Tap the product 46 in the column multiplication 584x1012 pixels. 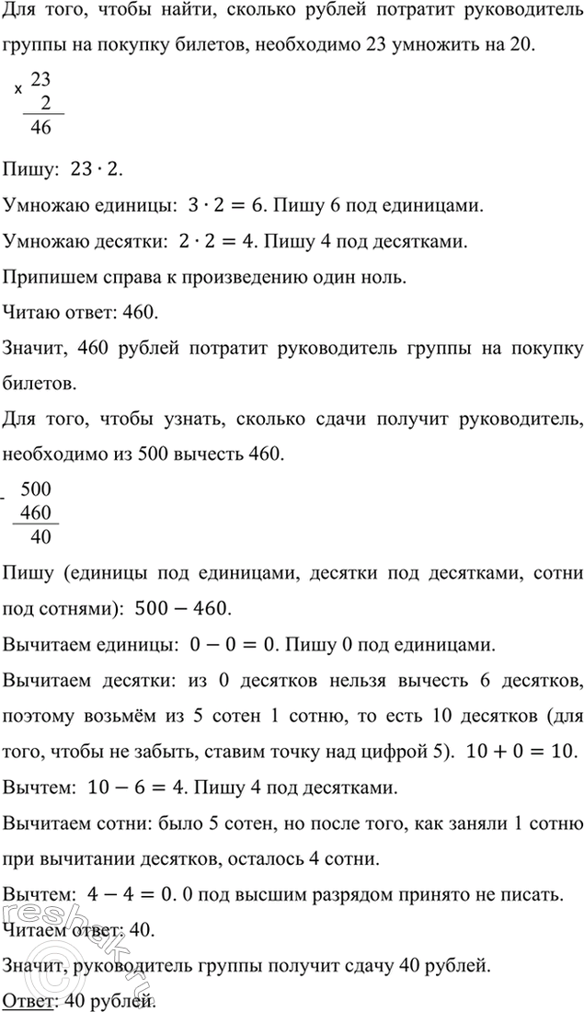(40, 129)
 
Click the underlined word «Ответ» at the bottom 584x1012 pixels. (25, 1000)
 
